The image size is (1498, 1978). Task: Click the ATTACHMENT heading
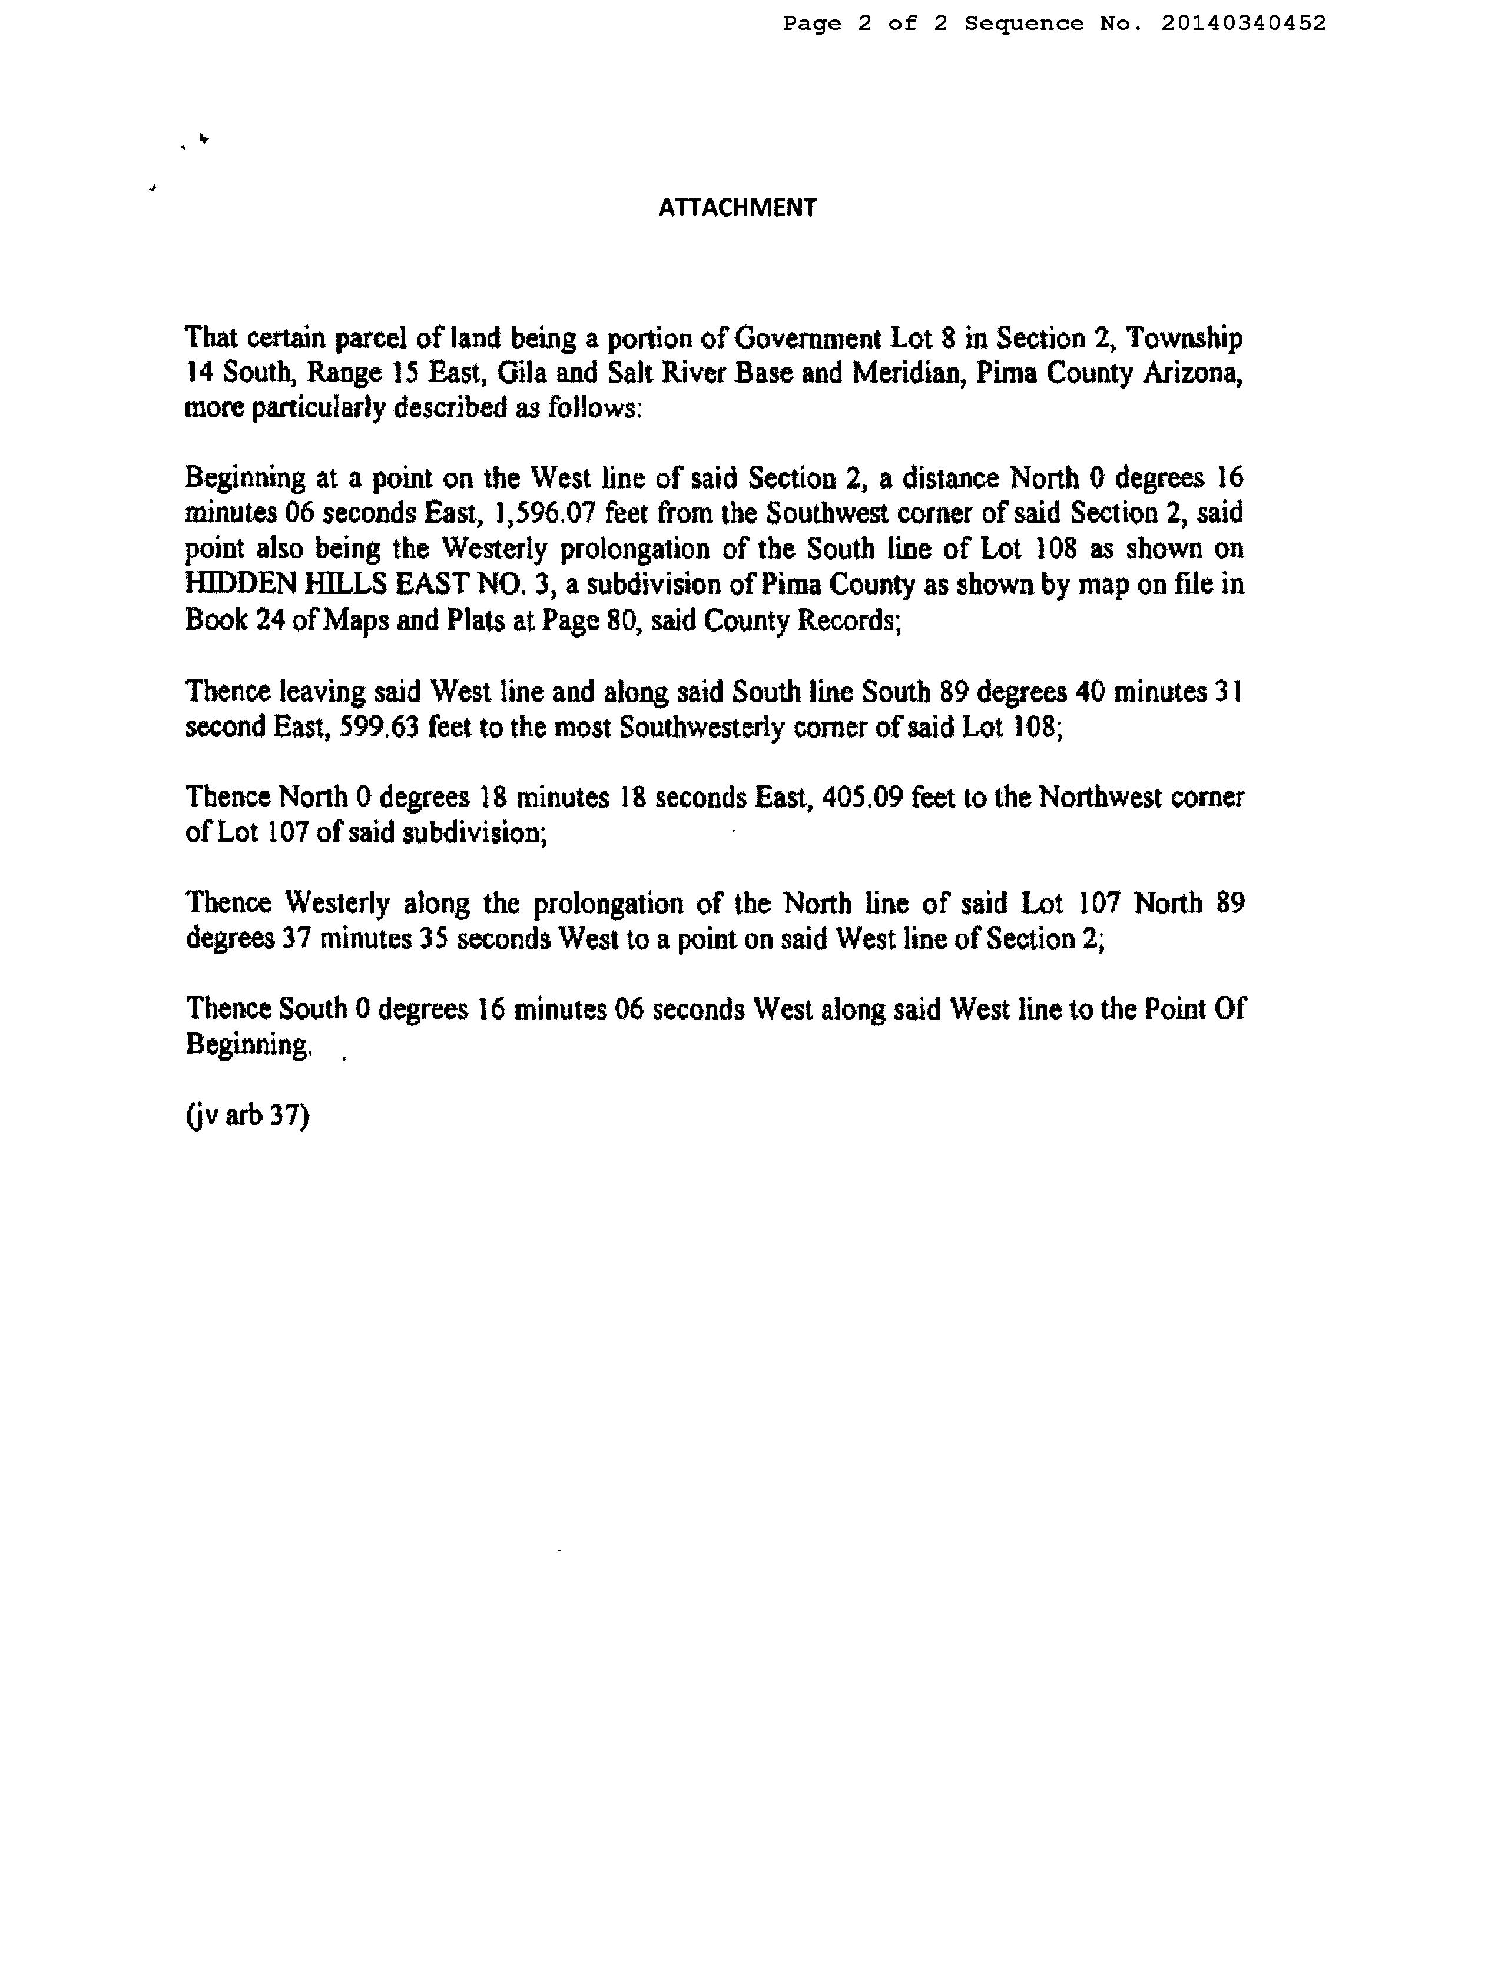[x=737, y=207]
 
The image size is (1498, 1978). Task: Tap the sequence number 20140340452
[x=1243, y=23]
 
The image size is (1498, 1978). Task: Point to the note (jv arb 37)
[x=247, y=1116]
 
